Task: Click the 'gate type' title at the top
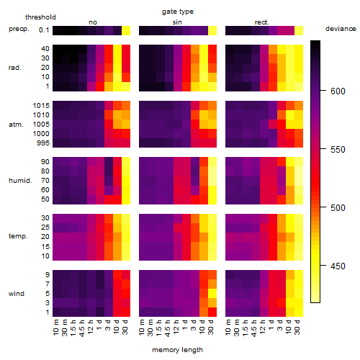tap(178, 12)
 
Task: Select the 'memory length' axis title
tap(177, 350)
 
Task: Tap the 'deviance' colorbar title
tap(341, 29)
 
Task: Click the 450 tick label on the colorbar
tap(338, 266)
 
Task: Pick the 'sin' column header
tap(177, 22)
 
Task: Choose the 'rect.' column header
tap(262, 22)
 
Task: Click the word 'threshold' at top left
tap(40, 17)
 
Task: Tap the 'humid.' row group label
tap(20, 181)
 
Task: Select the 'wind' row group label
tap(17, 294)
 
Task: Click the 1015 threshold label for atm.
tap(41, 106)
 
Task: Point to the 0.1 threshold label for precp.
tap(44, 30)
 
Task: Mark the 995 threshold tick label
tap(43, 143)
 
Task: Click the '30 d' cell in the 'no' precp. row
tap(126, 30)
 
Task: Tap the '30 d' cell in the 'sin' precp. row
tap(212, 30)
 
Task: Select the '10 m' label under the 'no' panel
tap(56, 328)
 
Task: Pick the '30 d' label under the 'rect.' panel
tap(297, 328)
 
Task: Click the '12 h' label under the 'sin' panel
tap(176, 327)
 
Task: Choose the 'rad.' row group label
tap(15, 68)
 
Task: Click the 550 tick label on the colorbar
tap(338, 149)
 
